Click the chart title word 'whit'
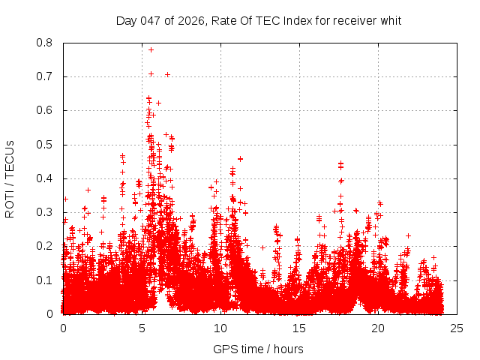[390, 20]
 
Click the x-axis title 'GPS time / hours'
[258, 349]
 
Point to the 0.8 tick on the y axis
[45, 43]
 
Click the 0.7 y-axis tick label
[45, 76]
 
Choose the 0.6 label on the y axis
[45, 110]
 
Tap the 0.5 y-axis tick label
[45, 145]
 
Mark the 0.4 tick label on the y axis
[45, 178]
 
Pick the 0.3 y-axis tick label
[45, 212]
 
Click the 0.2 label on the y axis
[45, 246]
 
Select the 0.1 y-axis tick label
[45, 280]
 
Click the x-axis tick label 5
[142, 328]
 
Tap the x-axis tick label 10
[220, 328]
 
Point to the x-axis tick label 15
[299, 328]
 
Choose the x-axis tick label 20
[378, 328]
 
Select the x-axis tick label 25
[457, 328]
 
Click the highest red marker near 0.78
[151, 49]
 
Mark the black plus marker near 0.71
[167, 74]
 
